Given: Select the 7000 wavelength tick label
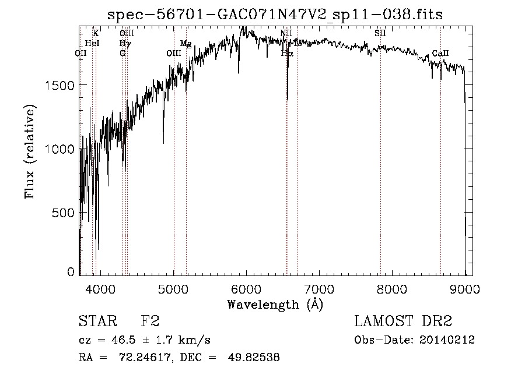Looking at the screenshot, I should (x=318, y=288).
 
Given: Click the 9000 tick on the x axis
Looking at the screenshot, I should (x=464, y=288).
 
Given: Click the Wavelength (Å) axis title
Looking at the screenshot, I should (x=275, y=304).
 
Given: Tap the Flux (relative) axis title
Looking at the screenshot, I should (x=30, y=151).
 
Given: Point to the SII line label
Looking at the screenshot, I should (x=380, y=33).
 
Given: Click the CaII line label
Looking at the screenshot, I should (x=440, y=54).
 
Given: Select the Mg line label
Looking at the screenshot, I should (x=185, y=44).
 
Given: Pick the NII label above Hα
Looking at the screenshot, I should (x=286, y=33).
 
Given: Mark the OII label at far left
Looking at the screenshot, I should (x=81, y=53).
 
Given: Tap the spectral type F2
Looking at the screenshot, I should (x=149, y=322).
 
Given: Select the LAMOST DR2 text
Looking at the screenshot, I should (x=403, y=322).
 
